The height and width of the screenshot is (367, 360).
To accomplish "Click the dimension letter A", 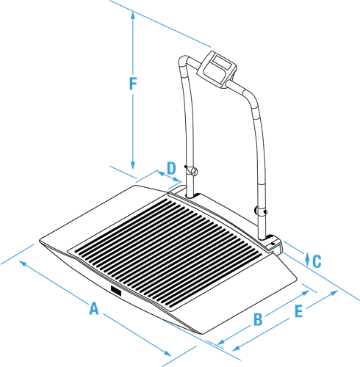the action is (94, 308).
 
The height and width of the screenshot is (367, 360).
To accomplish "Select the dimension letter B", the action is (258, 319).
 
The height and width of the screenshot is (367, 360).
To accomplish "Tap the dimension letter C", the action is (317, 261).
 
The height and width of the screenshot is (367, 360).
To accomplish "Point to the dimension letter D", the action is (171, 168).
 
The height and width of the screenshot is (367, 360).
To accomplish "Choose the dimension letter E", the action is (298, 311).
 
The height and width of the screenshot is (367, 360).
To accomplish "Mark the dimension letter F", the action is (133, 84).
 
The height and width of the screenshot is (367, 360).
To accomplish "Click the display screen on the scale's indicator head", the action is (222, 61).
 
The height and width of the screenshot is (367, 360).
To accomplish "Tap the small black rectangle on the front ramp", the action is (116, 291).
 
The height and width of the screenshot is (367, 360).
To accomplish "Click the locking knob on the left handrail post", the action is (194, 171).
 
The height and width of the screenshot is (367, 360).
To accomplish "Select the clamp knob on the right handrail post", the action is (257, 211).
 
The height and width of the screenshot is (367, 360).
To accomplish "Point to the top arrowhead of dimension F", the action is (133, 15).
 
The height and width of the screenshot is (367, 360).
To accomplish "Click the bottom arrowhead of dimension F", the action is (133, 165).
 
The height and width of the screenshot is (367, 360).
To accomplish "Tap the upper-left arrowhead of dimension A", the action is (23, 264).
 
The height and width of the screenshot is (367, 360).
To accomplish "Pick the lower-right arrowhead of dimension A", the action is (168, 353).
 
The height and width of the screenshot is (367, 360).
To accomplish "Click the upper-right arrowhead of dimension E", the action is (334, 292).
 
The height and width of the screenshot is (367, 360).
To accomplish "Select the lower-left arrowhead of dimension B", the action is (221, 342).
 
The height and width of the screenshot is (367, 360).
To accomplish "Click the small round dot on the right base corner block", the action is (273, 244).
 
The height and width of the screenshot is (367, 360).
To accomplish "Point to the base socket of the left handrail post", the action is (190, 195).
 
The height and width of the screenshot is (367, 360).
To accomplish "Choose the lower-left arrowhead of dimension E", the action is (237, 349).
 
